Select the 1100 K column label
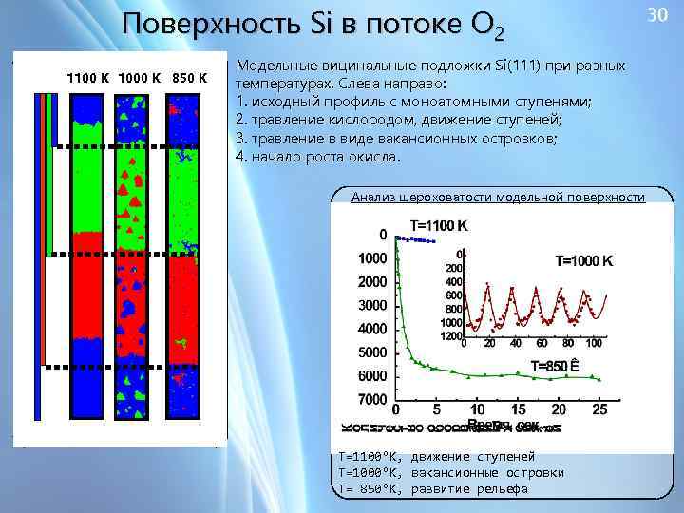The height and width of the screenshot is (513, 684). (87, 77)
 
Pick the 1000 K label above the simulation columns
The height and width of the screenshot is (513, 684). (140, 77)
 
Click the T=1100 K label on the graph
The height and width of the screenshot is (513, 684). (438, 226)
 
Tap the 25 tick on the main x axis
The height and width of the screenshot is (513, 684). (598, 409)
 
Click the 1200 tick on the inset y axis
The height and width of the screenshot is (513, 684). (452, 335)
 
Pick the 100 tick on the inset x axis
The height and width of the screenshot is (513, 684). (594, 343)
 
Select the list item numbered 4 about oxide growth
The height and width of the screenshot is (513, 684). (318, 157)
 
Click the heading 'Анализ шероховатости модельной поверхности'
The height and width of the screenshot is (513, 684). (497, 198)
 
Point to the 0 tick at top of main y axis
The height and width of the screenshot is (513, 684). (383, 234)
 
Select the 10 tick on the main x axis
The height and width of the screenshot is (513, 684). (478, 409)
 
